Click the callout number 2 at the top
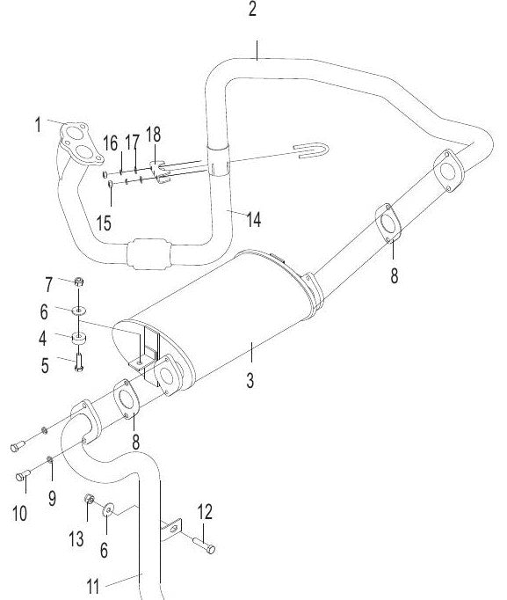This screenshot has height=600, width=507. pos(252,9)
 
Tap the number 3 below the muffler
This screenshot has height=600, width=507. pos(250,381)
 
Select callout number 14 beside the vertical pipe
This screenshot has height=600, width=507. pos(254,220)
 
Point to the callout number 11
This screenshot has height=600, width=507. pos(93,586)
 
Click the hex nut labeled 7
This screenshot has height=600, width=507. pos(78,282)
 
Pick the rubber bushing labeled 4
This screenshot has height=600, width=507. pos(79,339)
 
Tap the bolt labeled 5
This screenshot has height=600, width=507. pos(79,362)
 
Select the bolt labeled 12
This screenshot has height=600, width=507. pos(205,545)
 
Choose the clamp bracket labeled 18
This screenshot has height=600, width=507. pos(160,172)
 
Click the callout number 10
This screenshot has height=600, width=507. pos(19,513)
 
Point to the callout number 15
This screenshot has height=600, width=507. pos(104,223)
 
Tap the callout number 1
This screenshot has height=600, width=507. pos(38,125)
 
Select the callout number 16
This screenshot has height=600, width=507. pos(110,143)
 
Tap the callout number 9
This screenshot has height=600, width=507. pos(53,498)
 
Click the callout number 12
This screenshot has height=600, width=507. pos(205,512)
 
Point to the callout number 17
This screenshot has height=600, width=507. pos(132,143)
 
